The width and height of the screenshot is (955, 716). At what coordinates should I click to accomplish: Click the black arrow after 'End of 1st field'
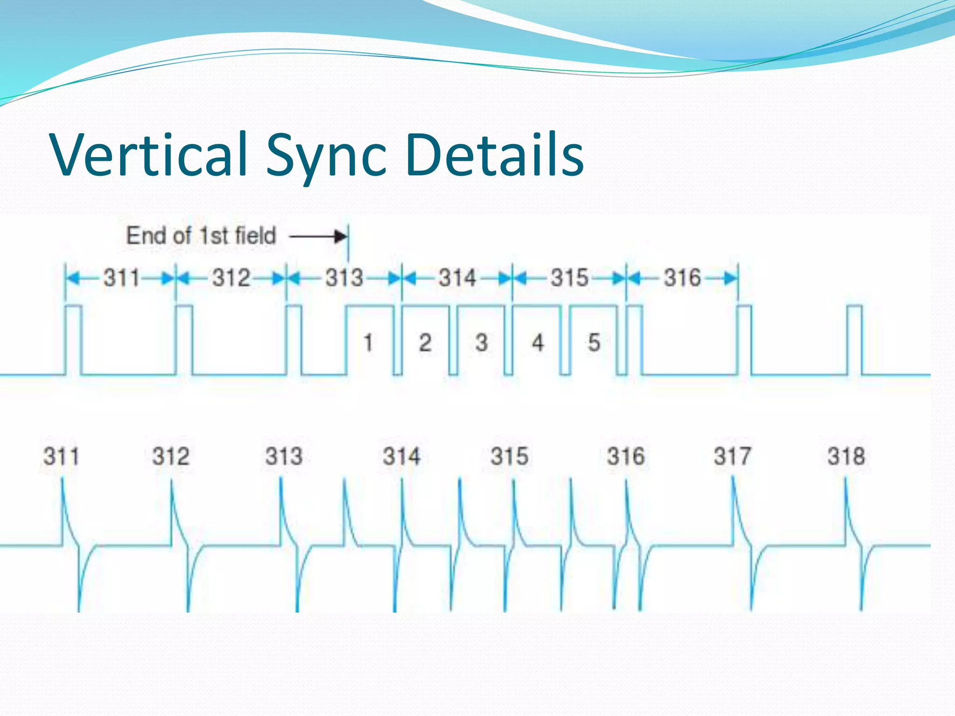coord(318,237)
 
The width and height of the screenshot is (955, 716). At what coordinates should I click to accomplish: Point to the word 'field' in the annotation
coord(256,235)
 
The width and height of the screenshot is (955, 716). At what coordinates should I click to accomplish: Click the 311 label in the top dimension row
coord(121,278)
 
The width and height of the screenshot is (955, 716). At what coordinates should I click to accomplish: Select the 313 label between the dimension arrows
coord(344,278)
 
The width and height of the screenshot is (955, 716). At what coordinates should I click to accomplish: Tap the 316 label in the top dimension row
coord(682,278)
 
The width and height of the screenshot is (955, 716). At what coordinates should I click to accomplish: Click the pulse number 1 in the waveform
coord(368,343)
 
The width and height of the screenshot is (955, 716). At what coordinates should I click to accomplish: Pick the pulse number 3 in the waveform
coord(482,343)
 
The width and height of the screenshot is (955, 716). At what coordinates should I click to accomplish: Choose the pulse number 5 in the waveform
coord(594,343)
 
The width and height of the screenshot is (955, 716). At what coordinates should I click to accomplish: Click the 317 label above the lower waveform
coord(733,456)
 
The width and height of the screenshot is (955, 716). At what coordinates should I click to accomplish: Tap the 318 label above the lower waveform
coord(846,456)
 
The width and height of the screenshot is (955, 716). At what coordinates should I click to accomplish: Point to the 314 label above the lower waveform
coord(401,456)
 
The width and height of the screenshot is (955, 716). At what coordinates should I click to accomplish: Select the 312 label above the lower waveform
coord(171,456)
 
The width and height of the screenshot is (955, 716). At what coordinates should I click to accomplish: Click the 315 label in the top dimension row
coord(569,278)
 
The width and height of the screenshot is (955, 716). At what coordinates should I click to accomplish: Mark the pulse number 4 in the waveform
coord(538,343)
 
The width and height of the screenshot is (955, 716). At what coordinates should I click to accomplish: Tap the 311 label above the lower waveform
coord(61,456)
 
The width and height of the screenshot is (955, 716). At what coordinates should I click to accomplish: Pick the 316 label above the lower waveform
coord(626,456)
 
